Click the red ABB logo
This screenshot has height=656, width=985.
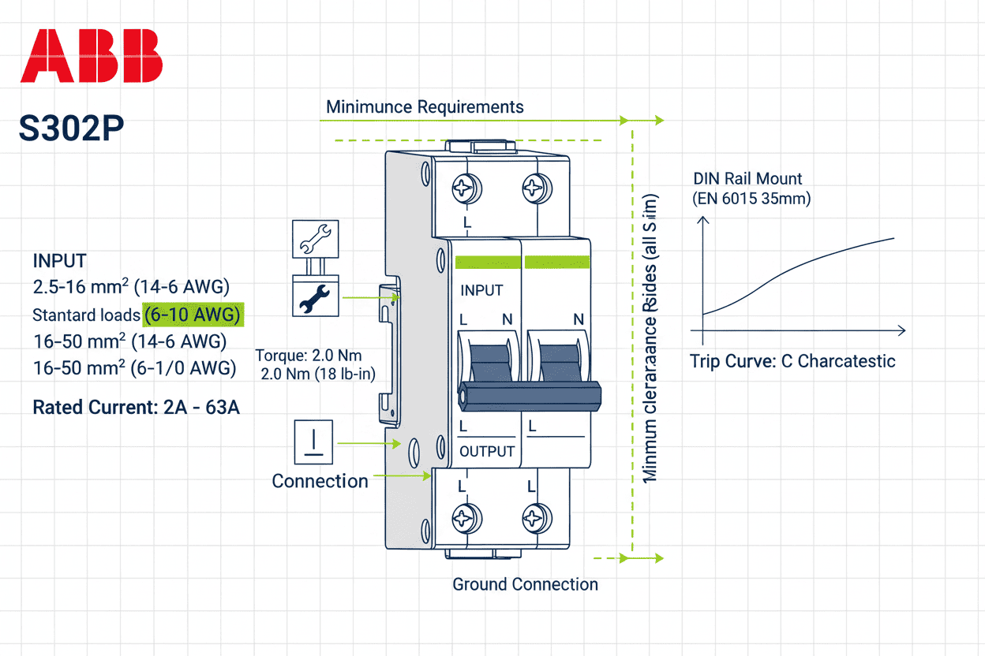(92, 56)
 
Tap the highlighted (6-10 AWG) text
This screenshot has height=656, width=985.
(193, 315)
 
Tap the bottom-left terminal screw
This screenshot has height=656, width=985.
(463, 519)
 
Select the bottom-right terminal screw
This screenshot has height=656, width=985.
(534, 519)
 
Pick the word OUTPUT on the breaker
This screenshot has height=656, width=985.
(487, 452)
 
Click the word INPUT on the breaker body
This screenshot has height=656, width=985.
(481, 290)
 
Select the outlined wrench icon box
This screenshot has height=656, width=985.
(315, 239)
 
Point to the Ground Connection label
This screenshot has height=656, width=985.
(525, 584)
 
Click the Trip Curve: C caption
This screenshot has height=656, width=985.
(792, 362)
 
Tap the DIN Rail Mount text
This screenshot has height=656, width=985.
(747, 179)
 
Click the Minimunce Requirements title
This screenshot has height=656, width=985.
(425, 106)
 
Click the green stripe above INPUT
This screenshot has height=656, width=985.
(488, 263)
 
